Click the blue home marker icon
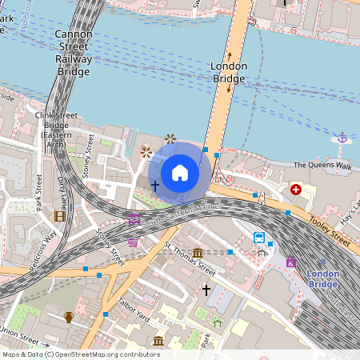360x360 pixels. click(180, 173)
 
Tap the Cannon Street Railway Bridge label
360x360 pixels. click(74, 53)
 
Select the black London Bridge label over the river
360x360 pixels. click(228, 72)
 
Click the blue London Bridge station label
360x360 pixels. click(322, 279)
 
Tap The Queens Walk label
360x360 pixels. click(322, 166)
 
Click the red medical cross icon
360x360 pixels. click(296, 190)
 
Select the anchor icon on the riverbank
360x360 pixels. click(342, 138)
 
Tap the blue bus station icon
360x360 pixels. click(259, 237)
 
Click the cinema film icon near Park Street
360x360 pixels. click(59, 216)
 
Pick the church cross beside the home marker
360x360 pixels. click(155, 185)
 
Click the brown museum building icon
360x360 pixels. click(158, 342)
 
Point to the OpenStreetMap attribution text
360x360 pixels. click(80, 354)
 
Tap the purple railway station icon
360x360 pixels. click(290, 262)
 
